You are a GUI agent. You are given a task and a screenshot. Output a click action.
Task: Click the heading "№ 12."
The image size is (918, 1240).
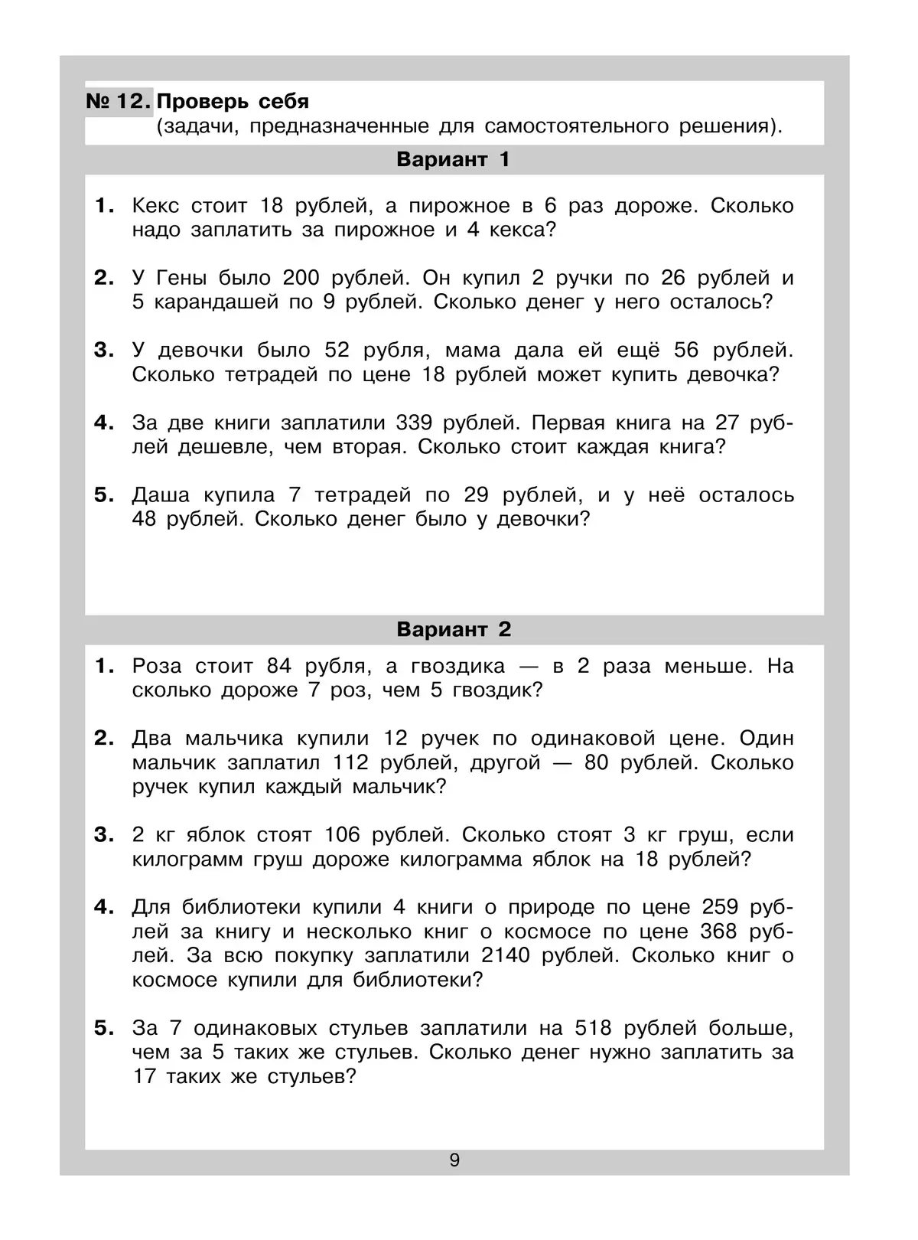pos(119,102)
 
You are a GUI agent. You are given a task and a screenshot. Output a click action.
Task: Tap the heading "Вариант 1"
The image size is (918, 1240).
pos(453,159)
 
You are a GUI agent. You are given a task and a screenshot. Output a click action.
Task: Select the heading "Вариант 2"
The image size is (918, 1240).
pos(454,629)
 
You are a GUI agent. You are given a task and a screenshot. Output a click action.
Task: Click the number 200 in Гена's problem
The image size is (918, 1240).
pos(303,277)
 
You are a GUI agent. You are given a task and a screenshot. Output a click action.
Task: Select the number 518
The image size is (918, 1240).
pos(594,1027)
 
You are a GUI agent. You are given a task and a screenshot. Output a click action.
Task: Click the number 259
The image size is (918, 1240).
pos(720,907)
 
